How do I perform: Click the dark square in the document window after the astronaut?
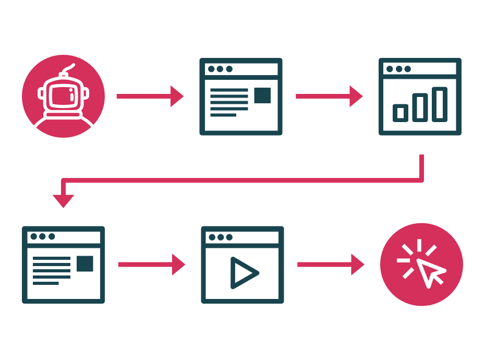262,95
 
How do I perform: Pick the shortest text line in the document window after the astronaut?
223,115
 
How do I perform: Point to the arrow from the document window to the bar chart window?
329,96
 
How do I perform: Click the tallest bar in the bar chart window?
439,104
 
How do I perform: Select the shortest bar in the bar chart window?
401,113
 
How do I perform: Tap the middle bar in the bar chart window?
420,107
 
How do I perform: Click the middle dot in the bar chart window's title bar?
399,69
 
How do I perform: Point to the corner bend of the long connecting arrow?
421,180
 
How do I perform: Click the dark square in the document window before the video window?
84,263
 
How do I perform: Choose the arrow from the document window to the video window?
151,265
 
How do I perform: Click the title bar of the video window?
242,237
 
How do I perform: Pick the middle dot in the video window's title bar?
221,237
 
